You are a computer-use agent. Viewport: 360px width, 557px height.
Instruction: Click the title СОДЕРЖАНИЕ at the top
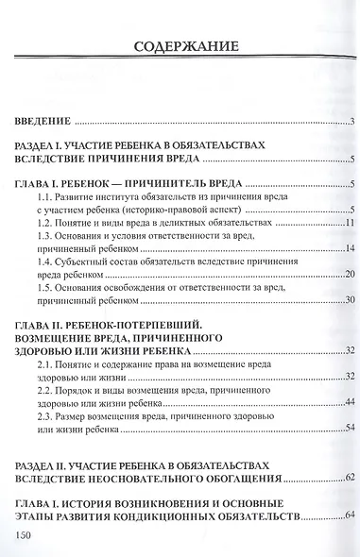coord(180,44)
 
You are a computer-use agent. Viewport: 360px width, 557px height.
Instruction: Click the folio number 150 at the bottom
coord(25,535)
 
